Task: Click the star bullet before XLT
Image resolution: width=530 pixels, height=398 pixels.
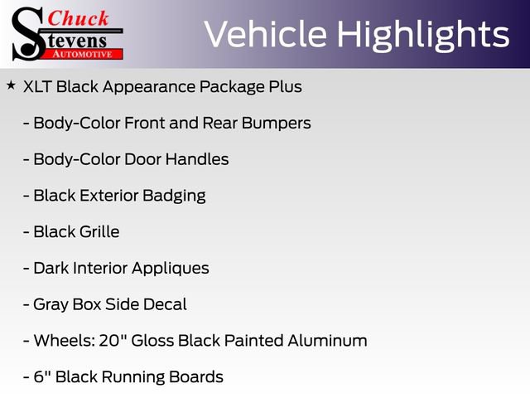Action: [x=11, y=85]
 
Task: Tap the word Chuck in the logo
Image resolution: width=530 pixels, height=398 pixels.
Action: [x=78, y=18]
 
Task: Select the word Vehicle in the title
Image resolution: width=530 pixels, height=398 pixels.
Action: [x=265, y=34]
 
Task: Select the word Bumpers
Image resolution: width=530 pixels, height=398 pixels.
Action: [x=276, y=124]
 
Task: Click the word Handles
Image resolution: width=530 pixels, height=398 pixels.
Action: [x=197, y=159]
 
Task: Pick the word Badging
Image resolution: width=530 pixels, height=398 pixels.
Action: [x=174, y=197]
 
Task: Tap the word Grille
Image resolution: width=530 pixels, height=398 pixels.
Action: [x=99, y=232]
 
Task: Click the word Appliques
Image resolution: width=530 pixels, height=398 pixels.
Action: [x=171, y=269]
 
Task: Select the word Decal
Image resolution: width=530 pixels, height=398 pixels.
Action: [x=165, y=304]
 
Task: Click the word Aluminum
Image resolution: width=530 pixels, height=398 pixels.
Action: [x=328, y=341]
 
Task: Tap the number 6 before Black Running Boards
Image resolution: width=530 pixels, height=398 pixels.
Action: [x=39, y=377]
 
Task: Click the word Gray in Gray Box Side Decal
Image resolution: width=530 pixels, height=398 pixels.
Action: [x=51, y=305]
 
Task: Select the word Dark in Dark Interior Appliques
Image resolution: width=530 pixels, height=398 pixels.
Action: [x=51, y=268]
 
